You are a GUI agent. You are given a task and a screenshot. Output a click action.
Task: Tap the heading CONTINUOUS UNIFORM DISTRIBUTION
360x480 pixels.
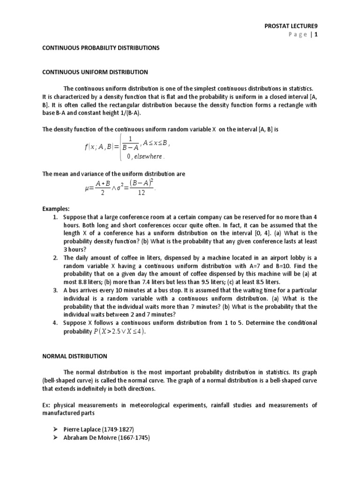coord(95,72)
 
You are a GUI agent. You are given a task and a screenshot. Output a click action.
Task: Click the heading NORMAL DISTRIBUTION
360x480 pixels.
coord(75,356)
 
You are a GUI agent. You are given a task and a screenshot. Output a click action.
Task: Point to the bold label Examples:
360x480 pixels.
coord(55,209)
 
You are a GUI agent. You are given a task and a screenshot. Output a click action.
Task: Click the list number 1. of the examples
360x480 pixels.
coord(55,217)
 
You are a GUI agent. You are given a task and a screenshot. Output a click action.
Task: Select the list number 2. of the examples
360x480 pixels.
coord(55,258)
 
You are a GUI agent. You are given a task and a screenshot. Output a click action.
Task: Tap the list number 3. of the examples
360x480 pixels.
coord(55,290)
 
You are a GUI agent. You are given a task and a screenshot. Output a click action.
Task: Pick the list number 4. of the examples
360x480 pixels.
coord(55,323)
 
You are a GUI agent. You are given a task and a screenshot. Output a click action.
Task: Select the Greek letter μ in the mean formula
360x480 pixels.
coord(86,188)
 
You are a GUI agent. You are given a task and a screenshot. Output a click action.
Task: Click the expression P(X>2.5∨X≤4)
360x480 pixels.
coord(119,332)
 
